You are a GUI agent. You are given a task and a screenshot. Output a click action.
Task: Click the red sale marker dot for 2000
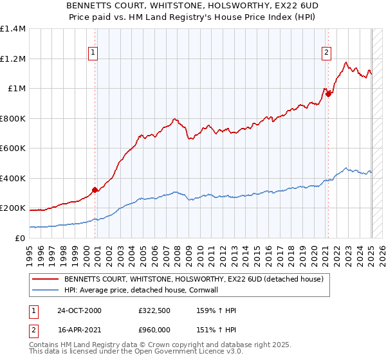point(95,190)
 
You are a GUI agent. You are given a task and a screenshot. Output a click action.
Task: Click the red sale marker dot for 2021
point(328,94)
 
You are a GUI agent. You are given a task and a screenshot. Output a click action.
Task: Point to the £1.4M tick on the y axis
point(13,29)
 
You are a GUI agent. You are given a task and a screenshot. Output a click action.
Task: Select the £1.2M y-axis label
point(13,59)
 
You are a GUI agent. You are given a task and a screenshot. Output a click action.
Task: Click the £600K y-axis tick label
point(13,148)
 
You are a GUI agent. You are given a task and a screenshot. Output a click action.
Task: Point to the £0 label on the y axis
point(19,239)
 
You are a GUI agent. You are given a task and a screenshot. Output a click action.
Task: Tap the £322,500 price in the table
point(158,310)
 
